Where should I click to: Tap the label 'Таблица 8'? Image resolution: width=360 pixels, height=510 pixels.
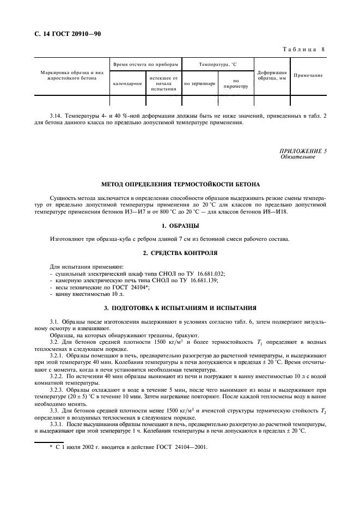click(x=304, y=50)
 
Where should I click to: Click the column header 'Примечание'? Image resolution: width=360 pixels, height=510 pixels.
click(x=308, y=75)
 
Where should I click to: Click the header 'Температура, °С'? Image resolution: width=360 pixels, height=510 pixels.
click(x=217, y=64)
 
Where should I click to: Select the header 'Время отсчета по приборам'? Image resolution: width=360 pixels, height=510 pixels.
click(x=145, y=64)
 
